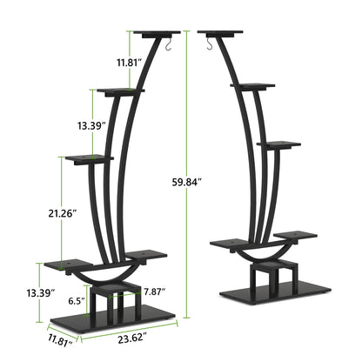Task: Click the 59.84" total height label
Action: pyautogui.click(x=187, y=182)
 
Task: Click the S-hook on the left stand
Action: pyautogui.click(x=162, y=48)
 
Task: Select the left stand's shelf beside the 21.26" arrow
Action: pyautogui.click(x=87, y=158)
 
